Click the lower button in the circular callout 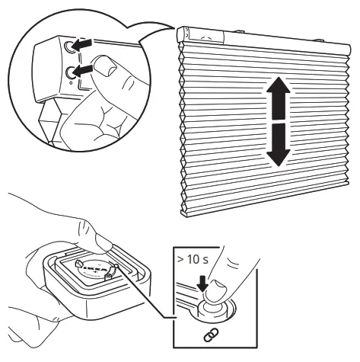[70, 71]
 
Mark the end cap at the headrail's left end [183, 34]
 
